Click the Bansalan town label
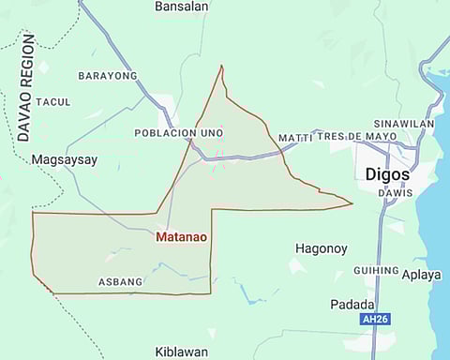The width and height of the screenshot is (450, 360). click(x=181, y=7)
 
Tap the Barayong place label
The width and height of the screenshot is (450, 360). click(x=108, y=75)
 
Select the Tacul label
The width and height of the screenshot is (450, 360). click(x=53, y=101)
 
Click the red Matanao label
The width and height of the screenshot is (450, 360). click(x=181, y=237)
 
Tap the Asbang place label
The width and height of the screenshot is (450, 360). click(x=120, y=281)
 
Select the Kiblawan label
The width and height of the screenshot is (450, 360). click(x=181, y=352)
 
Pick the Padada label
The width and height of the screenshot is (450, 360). click(x=352, y=304)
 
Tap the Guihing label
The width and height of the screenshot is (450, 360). click(x=376, y=271)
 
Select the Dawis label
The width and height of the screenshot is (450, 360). click(x=395, y=193)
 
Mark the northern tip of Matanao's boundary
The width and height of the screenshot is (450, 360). click(x=221, y=66)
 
